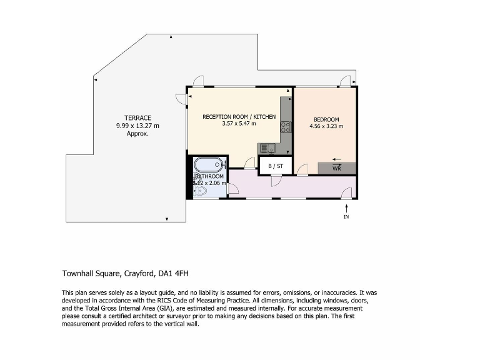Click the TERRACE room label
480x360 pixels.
(137, 118)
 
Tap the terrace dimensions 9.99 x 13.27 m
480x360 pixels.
(137, 126)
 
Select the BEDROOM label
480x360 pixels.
(326, 120)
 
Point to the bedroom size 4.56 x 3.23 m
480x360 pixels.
(326, 127)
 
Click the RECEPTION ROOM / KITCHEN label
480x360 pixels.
(239, 117)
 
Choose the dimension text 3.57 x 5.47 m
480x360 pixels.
(239, 124)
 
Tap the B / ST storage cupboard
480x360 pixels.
(276, 166)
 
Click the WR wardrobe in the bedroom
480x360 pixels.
(337, 168)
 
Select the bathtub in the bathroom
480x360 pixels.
(207, 165)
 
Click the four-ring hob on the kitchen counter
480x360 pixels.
(286, 127)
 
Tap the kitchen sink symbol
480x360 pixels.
(266, 148)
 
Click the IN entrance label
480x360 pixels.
(346, 217)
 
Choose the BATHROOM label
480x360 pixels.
(208, 177)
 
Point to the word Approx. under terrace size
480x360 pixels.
(137, 133)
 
